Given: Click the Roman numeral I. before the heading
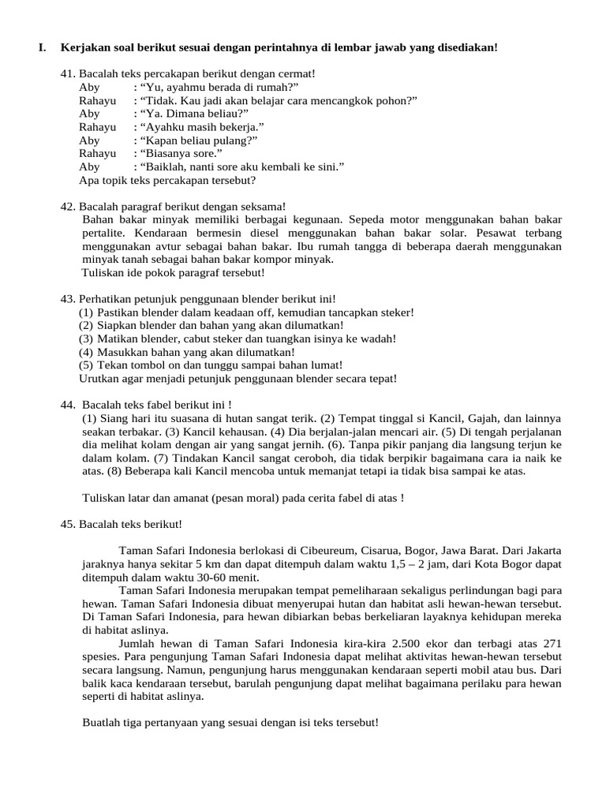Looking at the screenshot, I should [x=42, y=48].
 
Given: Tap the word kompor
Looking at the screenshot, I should [x=267, y=260].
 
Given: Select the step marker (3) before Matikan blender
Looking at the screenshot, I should [x=86, y=339].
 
